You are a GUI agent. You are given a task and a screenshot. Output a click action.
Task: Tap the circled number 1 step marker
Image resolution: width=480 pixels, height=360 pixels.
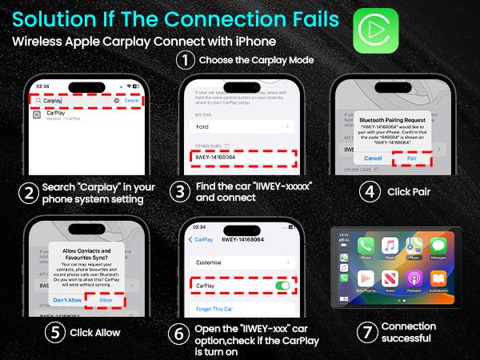point(186,59)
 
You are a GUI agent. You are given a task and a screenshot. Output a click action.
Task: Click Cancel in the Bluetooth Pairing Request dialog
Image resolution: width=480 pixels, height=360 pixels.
point(373,158)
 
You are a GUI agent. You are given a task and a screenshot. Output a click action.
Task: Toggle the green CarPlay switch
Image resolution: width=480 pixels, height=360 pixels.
point(282,285)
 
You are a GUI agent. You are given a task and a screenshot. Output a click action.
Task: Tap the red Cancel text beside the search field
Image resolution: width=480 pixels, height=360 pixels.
point(132,101)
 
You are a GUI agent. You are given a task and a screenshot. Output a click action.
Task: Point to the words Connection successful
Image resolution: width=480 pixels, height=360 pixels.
point(409,332)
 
